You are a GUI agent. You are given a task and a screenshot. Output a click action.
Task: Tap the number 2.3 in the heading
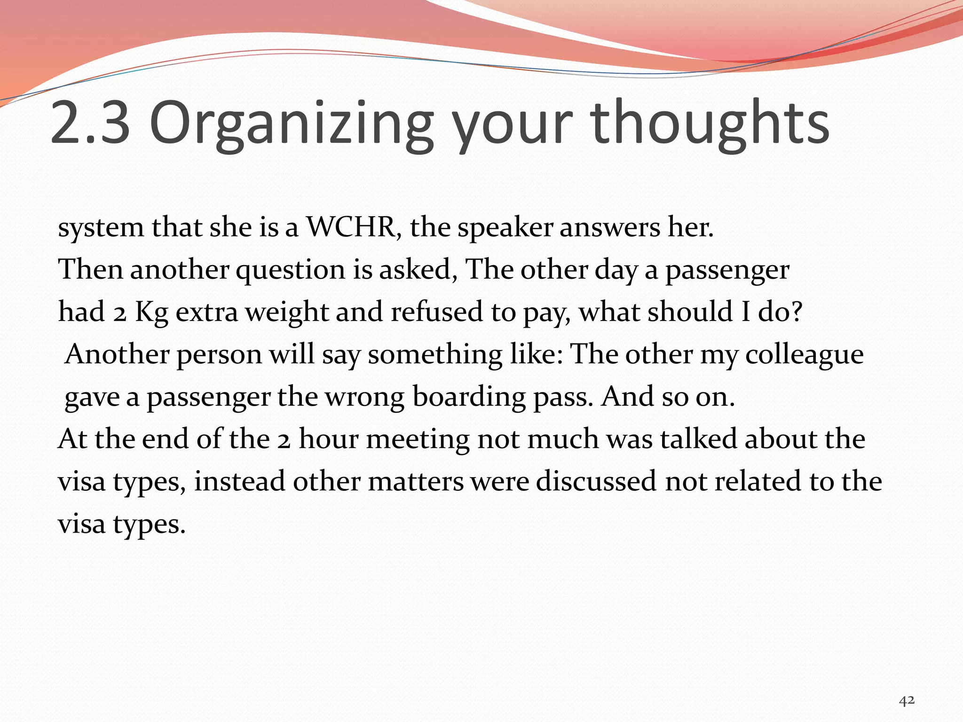tap(90, 123)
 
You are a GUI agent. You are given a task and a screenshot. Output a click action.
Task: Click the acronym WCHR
tap(350, 228)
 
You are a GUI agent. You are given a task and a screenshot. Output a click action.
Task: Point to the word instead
tap(239, 482)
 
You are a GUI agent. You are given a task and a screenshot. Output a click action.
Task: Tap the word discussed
tap(597, 482)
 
